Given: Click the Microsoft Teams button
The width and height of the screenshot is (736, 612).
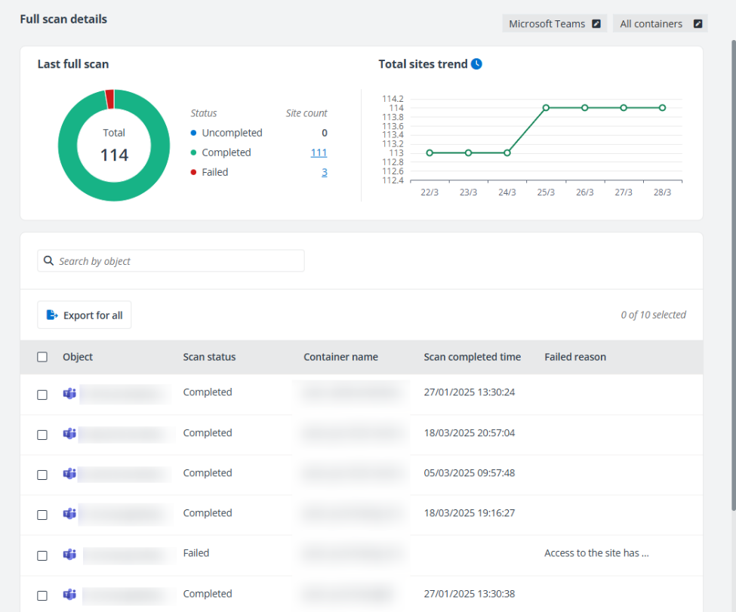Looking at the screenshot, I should tap(554, 23).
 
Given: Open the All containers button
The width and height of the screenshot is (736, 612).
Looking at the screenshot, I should tap(660, 23).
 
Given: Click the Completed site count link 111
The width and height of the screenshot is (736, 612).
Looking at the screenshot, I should tap(319, 152).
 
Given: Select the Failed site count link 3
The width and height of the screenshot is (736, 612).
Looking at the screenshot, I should tap(325, 172).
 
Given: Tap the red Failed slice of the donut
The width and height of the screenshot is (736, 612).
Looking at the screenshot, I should tap(110, 99).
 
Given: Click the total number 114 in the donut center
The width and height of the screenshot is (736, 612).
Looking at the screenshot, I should tap(114, 155).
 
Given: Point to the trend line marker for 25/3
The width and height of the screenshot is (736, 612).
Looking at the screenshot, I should tap(546, 108).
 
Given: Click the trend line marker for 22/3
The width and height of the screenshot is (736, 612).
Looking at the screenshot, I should tap(430, 152).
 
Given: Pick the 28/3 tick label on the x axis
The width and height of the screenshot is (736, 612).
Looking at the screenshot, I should tap(662, 192).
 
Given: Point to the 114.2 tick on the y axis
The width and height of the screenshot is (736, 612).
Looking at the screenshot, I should tap(393, 99).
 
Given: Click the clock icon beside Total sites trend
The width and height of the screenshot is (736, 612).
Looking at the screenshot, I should tap(476, 64).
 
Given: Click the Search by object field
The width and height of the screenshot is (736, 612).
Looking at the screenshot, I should tap(171, 261).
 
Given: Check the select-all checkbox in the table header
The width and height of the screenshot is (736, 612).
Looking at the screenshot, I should tap(42, 357).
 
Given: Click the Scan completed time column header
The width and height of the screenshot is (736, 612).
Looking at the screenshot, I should tap(472, 357).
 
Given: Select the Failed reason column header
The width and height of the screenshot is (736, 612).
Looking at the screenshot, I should tap(574, 357).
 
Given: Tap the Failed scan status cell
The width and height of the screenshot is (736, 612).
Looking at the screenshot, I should tap(196, 553).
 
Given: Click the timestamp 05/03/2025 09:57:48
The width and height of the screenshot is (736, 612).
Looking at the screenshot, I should tap(469, 473).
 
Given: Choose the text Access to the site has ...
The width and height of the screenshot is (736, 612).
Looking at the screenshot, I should tap(596, 553).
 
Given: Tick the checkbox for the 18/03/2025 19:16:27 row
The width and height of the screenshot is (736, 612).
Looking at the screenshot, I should tap(42, 515).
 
